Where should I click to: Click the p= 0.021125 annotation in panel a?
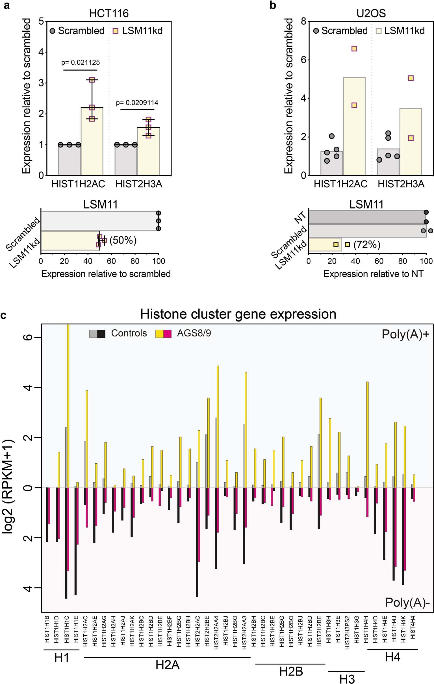point(80,62)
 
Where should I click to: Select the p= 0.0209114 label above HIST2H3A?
point(137,103)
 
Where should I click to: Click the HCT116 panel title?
point(109,13)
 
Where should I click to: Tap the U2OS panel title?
point(371,13)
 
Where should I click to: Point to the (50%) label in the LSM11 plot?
point(123,240)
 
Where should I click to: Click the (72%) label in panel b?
point(367,245)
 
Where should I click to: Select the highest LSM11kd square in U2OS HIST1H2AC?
point(354,49)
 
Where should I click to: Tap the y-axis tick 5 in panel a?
point(41,21)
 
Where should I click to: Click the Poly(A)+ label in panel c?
point(405,334)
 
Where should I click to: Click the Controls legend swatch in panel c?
point(97,333)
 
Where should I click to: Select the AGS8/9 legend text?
point(194,333)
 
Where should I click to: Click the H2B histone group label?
point(291,671)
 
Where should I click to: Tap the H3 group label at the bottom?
point(347,679)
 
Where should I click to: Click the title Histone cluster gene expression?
point(238,314)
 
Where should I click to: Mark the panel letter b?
point(273,5)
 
